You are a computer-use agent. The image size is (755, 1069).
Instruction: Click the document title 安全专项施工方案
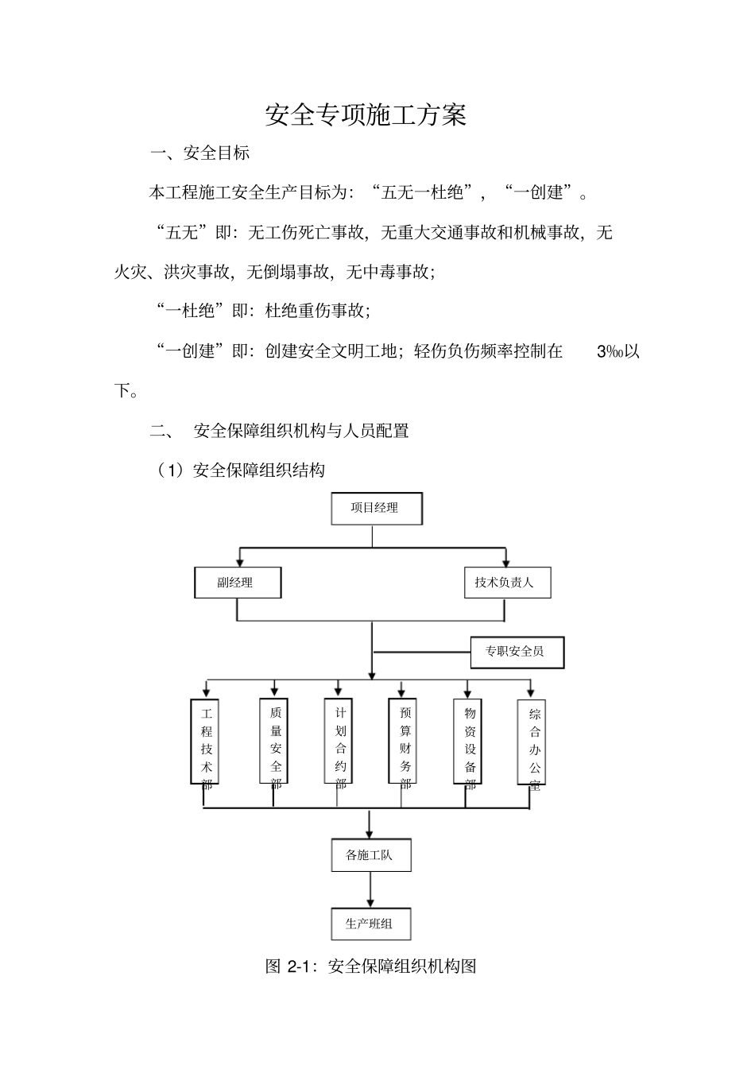[366, 116]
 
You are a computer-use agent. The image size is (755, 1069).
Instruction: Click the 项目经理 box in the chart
[376, 508]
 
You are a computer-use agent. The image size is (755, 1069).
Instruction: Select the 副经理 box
[237, 583]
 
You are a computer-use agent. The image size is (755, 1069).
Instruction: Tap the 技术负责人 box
[506, 583]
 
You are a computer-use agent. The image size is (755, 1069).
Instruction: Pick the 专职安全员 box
[517, 652]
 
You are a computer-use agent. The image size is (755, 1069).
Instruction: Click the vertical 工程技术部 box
[206, 742]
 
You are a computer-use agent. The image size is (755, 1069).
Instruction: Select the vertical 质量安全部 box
[275, 742]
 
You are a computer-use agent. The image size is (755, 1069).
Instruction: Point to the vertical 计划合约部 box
[339, 742]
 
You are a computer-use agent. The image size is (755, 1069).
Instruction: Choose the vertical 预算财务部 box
[404, 742]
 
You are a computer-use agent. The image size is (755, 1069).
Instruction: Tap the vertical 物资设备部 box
[469, 742]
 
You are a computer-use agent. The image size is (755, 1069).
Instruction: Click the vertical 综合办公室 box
[533, 742]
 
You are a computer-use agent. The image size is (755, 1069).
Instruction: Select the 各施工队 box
[370, 856]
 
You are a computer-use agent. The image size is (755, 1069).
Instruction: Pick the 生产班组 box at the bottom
[370, 924]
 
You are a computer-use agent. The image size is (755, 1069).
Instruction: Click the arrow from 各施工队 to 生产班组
[370, 889]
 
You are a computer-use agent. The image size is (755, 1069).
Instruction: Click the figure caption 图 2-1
[370, 966]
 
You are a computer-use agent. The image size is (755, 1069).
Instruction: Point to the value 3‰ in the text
[610, 351]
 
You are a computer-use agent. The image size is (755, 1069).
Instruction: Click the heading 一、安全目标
[200, 153]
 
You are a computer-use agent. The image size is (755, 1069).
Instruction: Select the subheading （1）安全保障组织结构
[242, 471]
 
